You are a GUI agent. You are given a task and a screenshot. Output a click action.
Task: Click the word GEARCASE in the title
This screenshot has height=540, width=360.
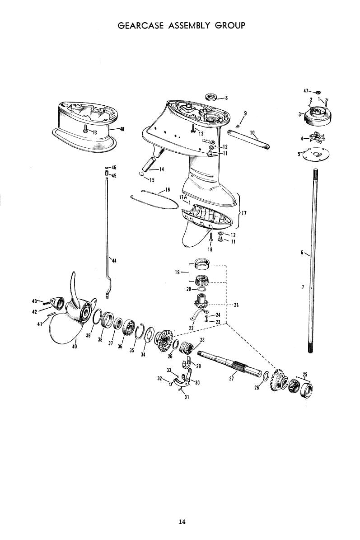coord(140,25)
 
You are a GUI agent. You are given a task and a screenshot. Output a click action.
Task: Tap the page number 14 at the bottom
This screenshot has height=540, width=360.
coord(182,522)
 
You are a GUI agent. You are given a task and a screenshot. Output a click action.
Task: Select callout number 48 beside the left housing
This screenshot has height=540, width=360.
coord(122,129)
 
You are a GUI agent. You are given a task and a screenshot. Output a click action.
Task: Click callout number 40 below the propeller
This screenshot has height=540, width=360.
coord(75,347)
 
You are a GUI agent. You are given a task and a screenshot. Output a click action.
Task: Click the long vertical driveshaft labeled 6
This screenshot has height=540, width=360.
coord(313,260)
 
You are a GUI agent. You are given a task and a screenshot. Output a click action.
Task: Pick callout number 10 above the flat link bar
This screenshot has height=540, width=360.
coord(252,132)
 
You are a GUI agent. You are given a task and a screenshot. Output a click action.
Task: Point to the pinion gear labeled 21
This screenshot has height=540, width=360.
coord(200,303)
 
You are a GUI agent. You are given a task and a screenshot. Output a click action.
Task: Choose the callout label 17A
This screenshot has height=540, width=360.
coord(183,197)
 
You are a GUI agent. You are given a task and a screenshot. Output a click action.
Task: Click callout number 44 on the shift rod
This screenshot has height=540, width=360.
coord(114,261)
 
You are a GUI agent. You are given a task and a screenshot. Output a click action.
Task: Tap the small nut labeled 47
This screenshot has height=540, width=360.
coord(318,92)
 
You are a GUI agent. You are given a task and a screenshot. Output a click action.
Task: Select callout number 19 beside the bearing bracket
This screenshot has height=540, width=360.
coord(177,272)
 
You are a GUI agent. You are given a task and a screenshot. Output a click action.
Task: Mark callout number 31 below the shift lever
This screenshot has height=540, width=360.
coord(187,397)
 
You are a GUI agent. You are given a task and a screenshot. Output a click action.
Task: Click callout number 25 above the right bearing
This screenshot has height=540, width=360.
coord(305,375)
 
